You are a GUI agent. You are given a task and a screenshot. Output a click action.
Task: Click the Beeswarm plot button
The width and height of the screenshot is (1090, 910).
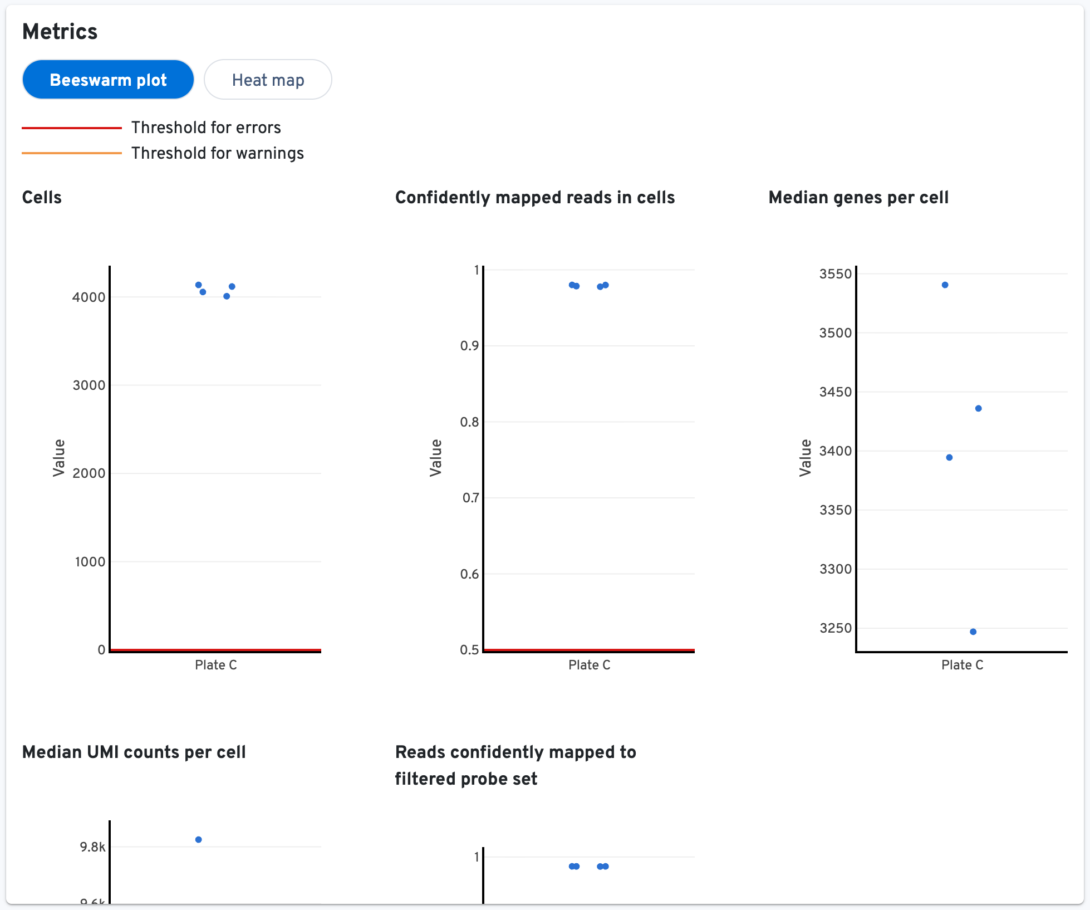[108, 80]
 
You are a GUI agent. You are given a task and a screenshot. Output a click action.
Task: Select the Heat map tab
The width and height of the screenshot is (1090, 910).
[268, 80]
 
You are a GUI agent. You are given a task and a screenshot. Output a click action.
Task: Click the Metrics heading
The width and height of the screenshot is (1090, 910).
[60, 32]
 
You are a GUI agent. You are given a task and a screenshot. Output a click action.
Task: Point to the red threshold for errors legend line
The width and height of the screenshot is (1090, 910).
[72, 128]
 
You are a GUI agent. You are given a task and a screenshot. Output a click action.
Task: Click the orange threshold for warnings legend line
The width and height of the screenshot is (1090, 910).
[72, 153]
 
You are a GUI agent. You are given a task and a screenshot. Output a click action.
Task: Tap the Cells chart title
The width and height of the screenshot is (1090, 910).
[42, 198]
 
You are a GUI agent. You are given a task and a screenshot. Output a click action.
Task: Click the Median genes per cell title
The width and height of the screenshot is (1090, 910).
[858, 198]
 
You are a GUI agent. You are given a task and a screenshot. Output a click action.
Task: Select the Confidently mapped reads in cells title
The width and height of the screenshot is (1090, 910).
[534, 198]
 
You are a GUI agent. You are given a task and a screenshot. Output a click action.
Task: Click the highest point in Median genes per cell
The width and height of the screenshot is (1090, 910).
[945, 285]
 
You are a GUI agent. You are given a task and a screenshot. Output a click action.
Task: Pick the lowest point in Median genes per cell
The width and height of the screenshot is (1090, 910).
[973, 632]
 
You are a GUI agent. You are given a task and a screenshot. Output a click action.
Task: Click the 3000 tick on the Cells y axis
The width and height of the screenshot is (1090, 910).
[89, 385]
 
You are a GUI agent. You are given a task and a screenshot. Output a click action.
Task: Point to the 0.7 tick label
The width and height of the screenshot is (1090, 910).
[470, 498]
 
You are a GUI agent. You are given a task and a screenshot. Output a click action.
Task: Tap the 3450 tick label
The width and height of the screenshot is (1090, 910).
[835, 392]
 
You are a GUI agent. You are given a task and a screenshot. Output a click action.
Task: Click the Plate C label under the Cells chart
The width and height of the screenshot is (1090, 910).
[215, 665]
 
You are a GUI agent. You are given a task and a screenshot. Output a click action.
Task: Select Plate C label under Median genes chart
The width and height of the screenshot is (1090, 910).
[962, 665]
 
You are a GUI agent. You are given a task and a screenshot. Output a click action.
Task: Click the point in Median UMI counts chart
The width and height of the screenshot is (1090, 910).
[199, 839]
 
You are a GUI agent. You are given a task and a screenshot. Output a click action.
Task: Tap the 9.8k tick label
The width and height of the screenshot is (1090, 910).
[92, 847]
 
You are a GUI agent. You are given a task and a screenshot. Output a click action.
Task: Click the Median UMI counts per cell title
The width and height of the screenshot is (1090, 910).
[134, 752]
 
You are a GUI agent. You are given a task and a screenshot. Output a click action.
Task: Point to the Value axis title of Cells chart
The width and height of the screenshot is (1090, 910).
[59, 458]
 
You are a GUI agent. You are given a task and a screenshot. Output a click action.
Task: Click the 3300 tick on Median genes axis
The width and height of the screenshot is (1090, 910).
[835, 569]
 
